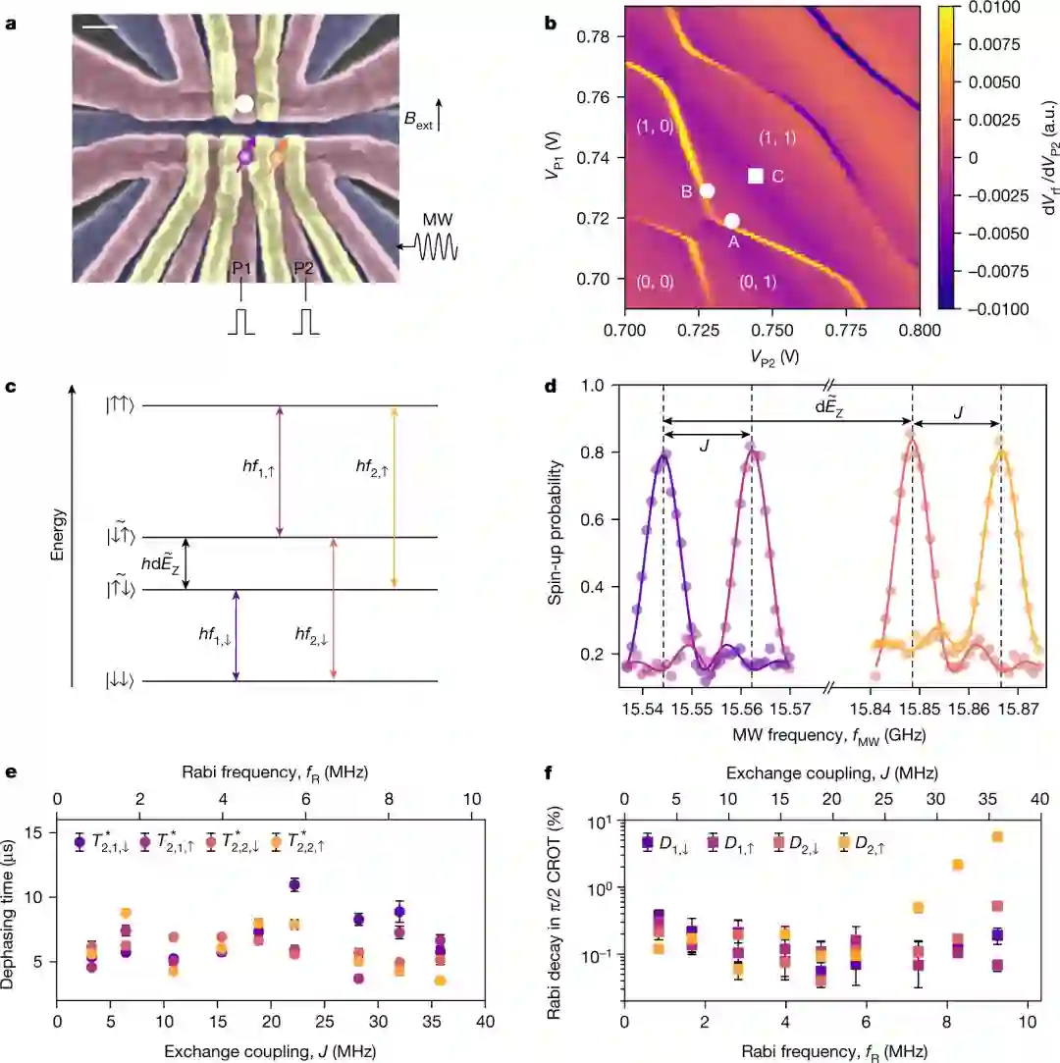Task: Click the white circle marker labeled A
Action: point(731,221)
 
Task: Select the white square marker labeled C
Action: point(756,176)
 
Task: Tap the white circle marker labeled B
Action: point(707,191)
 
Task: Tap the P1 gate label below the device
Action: point(240,293)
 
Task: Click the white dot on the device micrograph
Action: point(244,103)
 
